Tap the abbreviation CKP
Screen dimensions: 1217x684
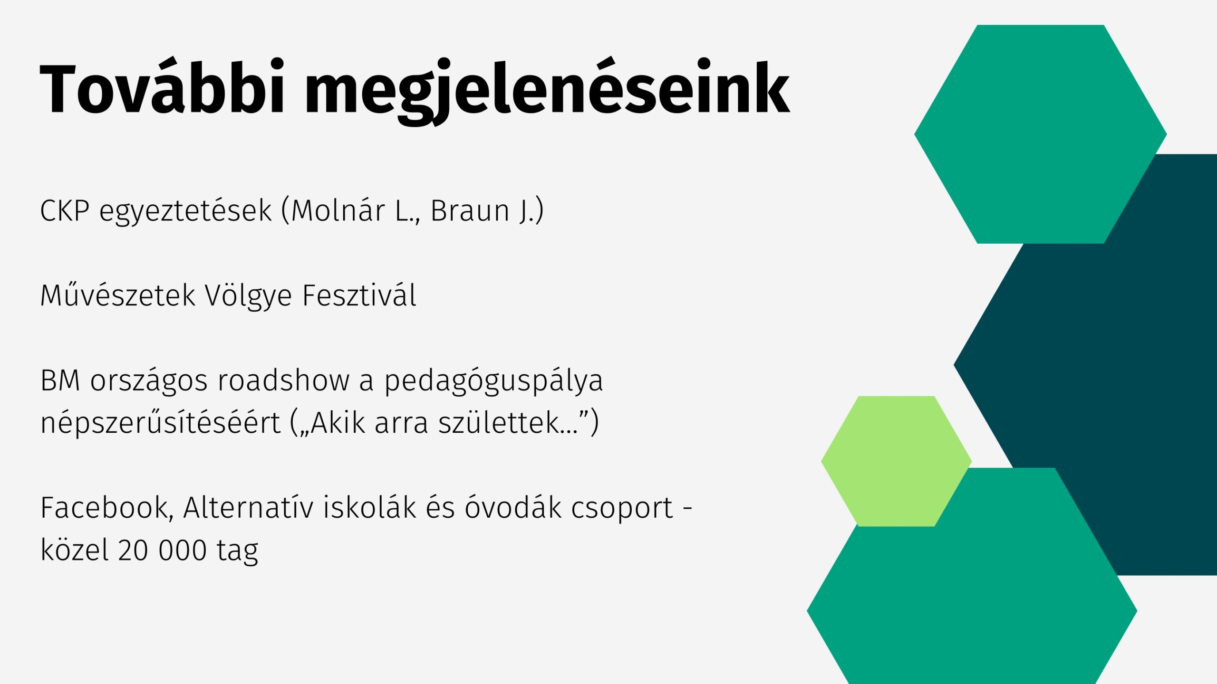pos(65,210)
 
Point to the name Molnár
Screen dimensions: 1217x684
pos(338,210)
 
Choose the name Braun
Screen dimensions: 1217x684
pos(470,210)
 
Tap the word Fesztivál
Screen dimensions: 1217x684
pos(359,295)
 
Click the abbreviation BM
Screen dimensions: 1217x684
pos(60,380)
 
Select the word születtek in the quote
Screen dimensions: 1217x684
pos(499,422)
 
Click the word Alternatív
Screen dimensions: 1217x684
pos(248,507)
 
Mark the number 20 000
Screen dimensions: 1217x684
pos(162,550)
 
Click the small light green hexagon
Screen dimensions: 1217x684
pos(896,461)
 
